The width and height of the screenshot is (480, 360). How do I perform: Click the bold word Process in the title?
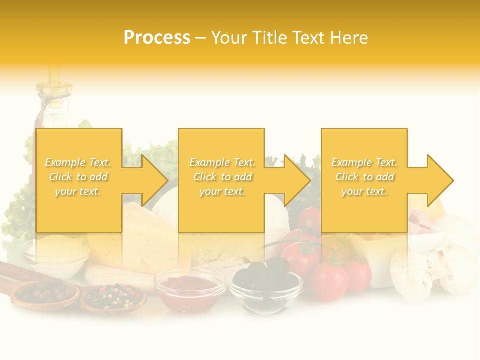[157, 38]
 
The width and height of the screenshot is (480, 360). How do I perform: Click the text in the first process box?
[78, 177]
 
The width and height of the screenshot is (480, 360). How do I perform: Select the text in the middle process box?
[222, 177]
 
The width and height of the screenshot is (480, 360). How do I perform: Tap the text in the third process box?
[364, 177]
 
